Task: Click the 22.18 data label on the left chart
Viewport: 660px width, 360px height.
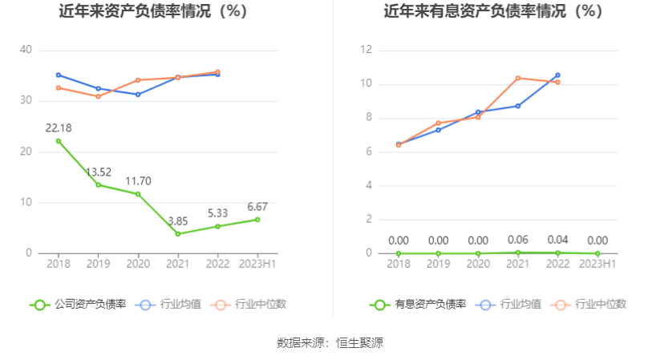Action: coord(59,128)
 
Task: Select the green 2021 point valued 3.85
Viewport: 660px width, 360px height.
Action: coord(178,234)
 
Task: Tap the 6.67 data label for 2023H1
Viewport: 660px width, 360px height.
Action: coord(258,207)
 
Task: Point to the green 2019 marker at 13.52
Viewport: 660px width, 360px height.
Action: coord(99,185)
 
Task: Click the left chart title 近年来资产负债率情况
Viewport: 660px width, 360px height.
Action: coord(153,12)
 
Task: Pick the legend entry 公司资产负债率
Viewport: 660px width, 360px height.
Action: coord(79,305)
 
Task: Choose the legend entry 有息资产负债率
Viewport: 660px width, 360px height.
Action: coord(419,305)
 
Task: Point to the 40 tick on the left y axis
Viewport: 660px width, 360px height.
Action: coord(26,50)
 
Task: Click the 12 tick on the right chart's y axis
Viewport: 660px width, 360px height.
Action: coord(367,50)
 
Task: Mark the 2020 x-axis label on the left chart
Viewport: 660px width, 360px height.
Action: coord(138,263)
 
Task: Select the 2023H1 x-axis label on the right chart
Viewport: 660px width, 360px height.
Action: coord(597,263)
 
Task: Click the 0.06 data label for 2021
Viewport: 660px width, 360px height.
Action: coord(518,240)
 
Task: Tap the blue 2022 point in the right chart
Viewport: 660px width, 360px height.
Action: coord(557,75)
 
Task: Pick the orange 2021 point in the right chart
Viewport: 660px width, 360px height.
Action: coord(518,78)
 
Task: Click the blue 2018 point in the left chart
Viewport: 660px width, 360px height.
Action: coord(59,75)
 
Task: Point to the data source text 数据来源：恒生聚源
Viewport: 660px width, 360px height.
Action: coord(330,343)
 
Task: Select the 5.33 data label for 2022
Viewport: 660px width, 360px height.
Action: coord(218,214)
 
